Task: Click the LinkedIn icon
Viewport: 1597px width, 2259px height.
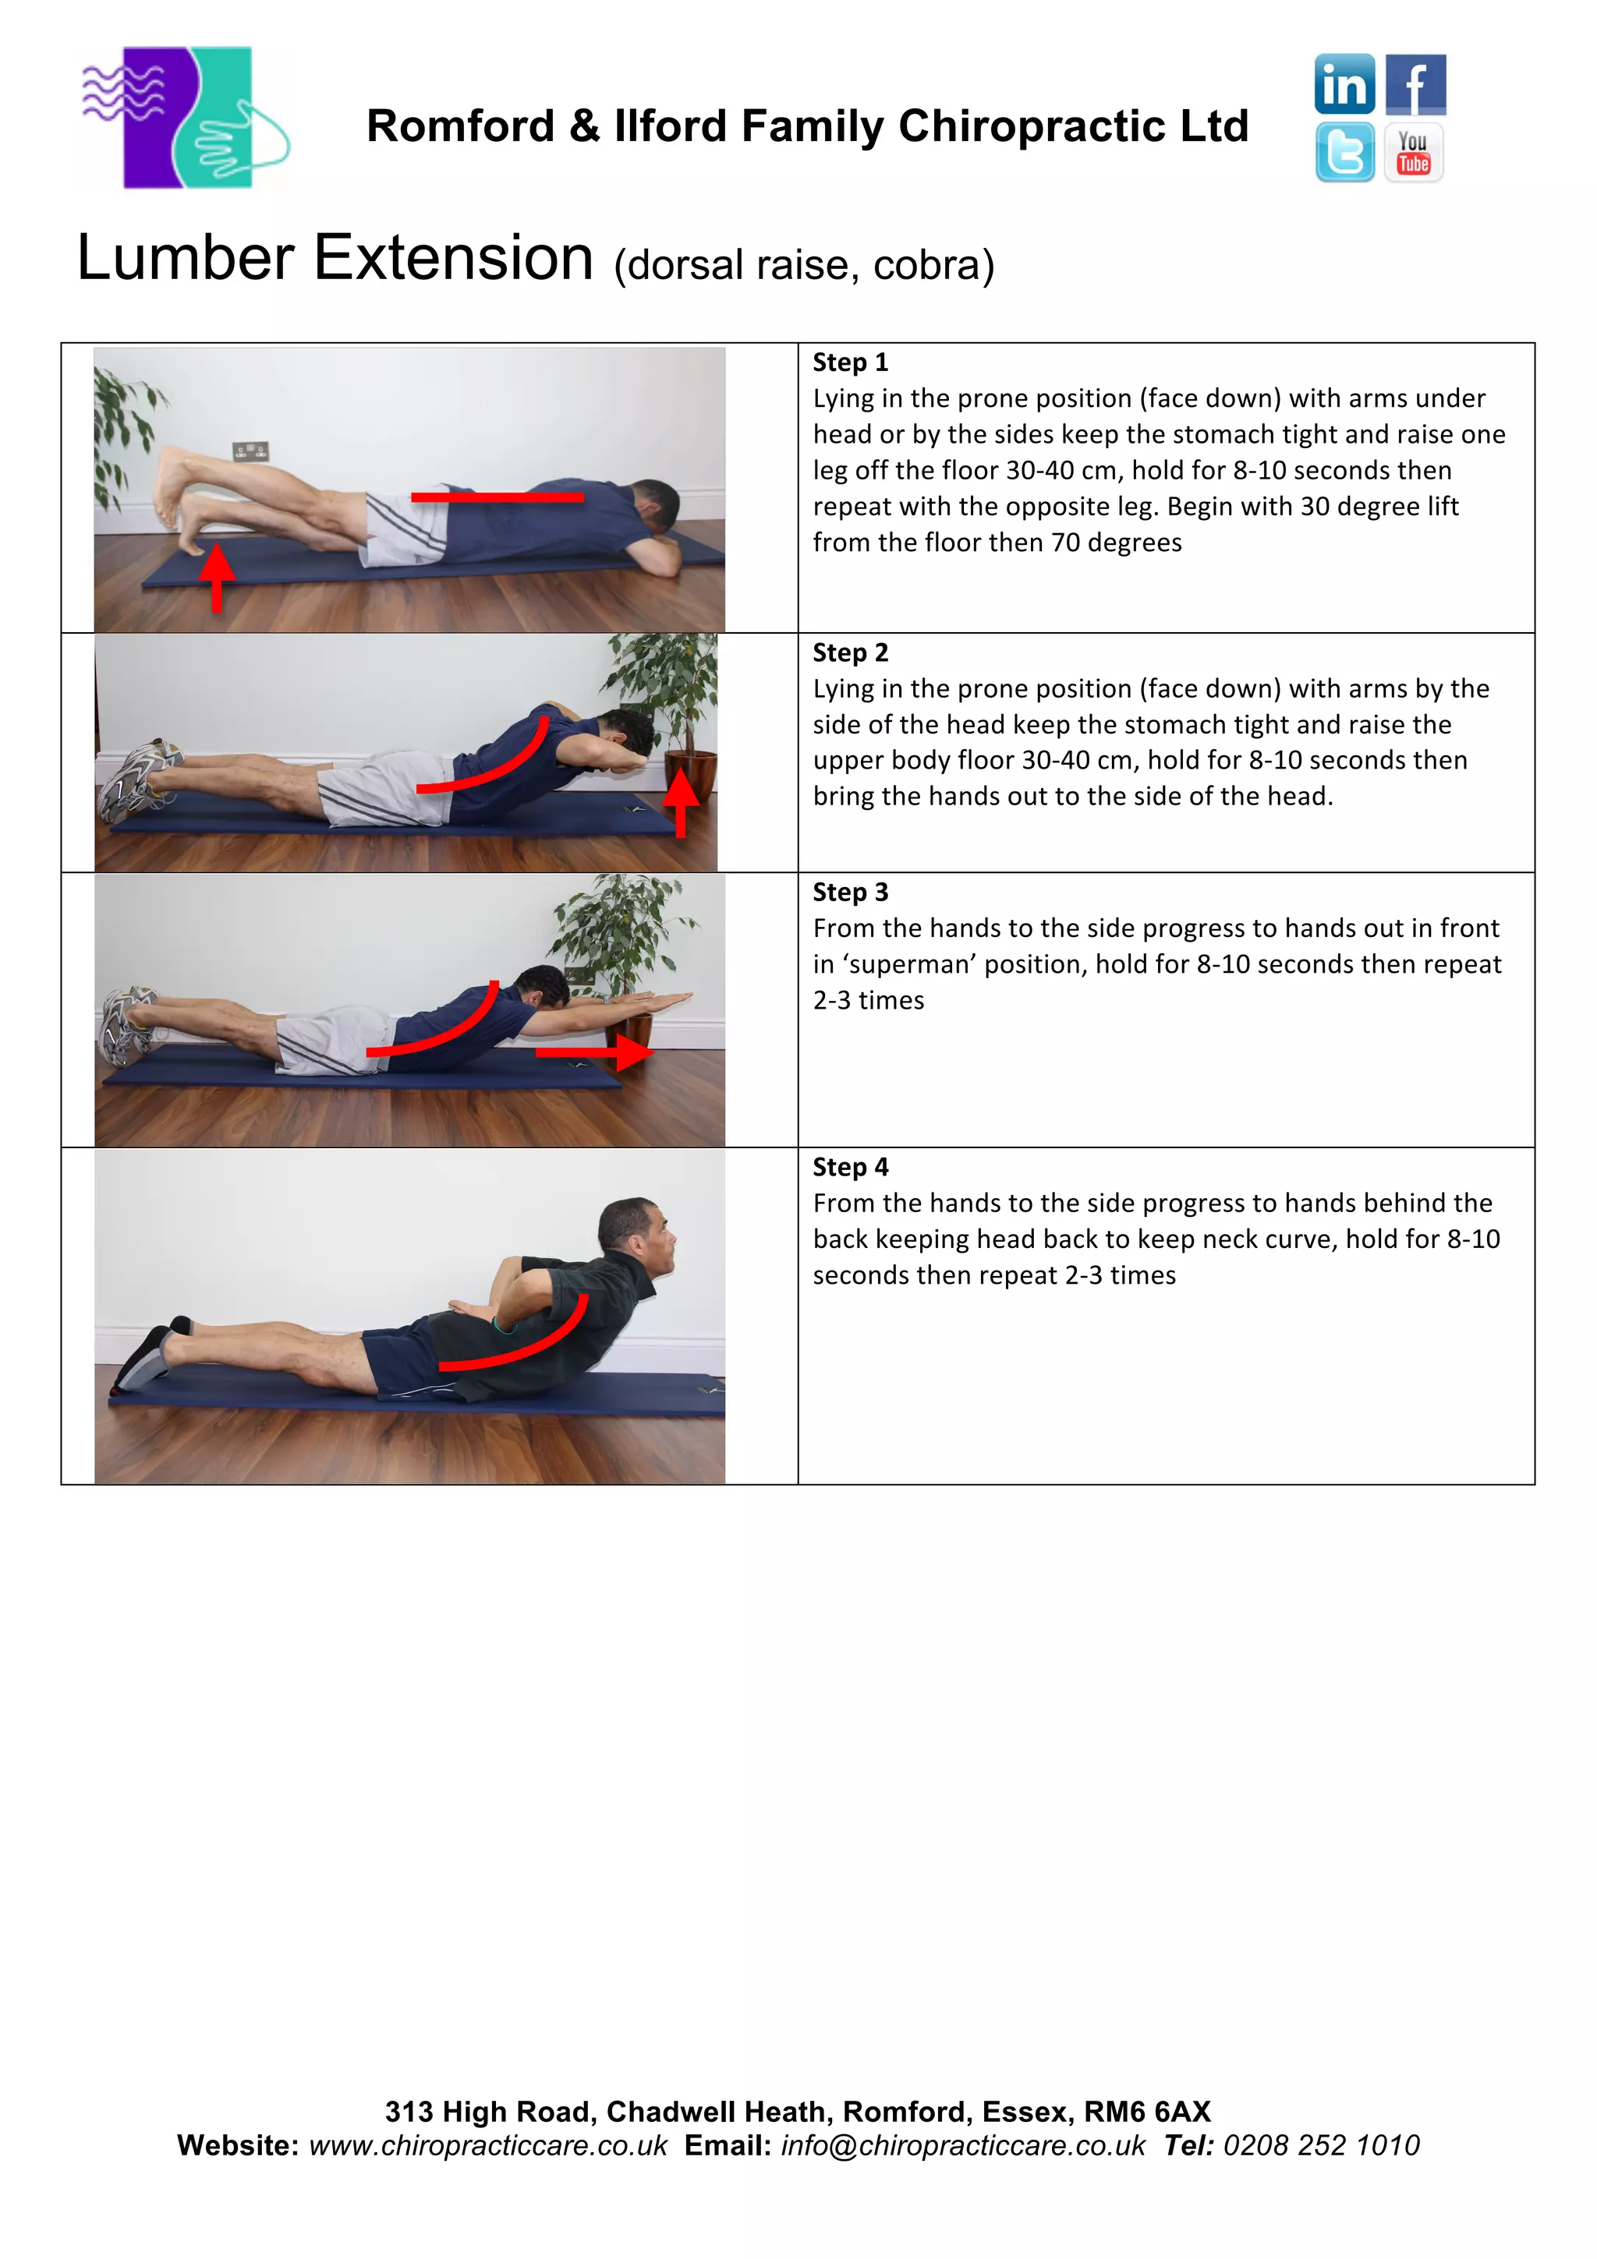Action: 1344,85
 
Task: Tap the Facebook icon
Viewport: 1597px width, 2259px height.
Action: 1415,85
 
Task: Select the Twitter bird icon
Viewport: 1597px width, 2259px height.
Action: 1344,153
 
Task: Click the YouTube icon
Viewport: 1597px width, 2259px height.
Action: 1414,153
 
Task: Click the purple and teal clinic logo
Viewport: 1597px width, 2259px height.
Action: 185,118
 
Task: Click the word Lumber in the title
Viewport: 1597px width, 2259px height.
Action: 186,259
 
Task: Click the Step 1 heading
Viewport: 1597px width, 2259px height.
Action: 850,363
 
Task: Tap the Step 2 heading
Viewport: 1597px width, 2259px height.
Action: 850,653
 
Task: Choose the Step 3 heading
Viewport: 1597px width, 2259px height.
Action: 850,893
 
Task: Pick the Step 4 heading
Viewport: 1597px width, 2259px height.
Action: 850,1168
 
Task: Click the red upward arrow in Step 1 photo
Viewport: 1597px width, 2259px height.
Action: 218,578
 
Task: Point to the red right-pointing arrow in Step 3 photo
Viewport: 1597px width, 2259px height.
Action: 594,1053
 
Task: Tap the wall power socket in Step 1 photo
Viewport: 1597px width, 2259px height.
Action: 251,451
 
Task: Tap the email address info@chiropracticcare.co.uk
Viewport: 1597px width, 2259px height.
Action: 962,2146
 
